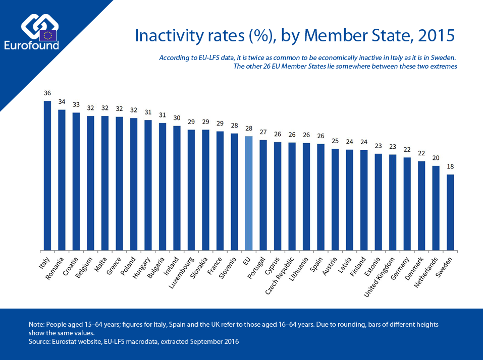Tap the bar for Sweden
click(x=450, y=212)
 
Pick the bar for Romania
click(x=62, y=180)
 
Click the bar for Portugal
click(x=263, y=195)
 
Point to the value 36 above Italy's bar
click(x=47, y=93)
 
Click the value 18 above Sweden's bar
click(x=450, y=166)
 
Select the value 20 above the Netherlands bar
click(x=436, y=157)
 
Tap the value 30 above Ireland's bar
click(x=177, y=117)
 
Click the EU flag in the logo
click(x=48, y=35)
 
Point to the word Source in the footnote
click(x=40, y=342)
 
